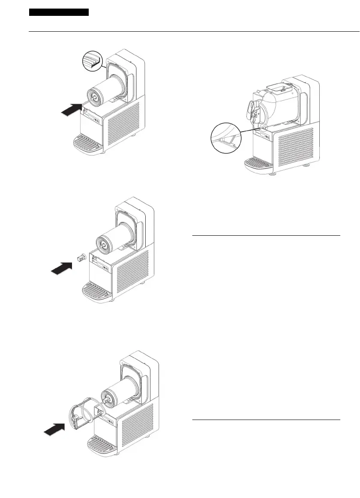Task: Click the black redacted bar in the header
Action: pos(59,12)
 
